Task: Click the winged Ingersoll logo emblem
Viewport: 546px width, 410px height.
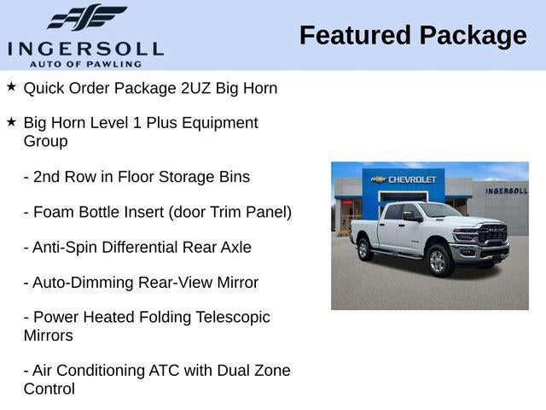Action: [x=87, y=17]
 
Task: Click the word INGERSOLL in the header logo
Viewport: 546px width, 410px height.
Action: [x=85, y=49]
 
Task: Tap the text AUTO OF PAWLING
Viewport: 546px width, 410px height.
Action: [x=85, y=64]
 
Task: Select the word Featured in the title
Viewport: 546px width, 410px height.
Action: [x=355, y=35]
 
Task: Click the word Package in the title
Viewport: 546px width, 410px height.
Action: [x=473, y=37]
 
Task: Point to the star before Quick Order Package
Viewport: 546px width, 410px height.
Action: [x=11, y=86]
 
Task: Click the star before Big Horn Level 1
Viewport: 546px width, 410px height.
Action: [x=11, y=121]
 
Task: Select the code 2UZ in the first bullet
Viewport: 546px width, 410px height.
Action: [x=195, y=88]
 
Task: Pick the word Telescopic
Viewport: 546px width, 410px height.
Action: [x=233, y=318]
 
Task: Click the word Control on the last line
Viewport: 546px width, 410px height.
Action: [x=49, y=389]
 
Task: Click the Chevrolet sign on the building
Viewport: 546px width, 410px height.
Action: [x=404, y=179]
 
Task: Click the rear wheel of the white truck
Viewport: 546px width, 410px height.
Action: [x=364, y=249]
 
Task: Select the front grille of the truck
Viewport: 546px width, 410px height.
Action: [x=492, y=233]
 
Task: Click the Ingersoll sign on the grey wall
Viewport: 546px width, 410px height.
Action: [x=507, y=190]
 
